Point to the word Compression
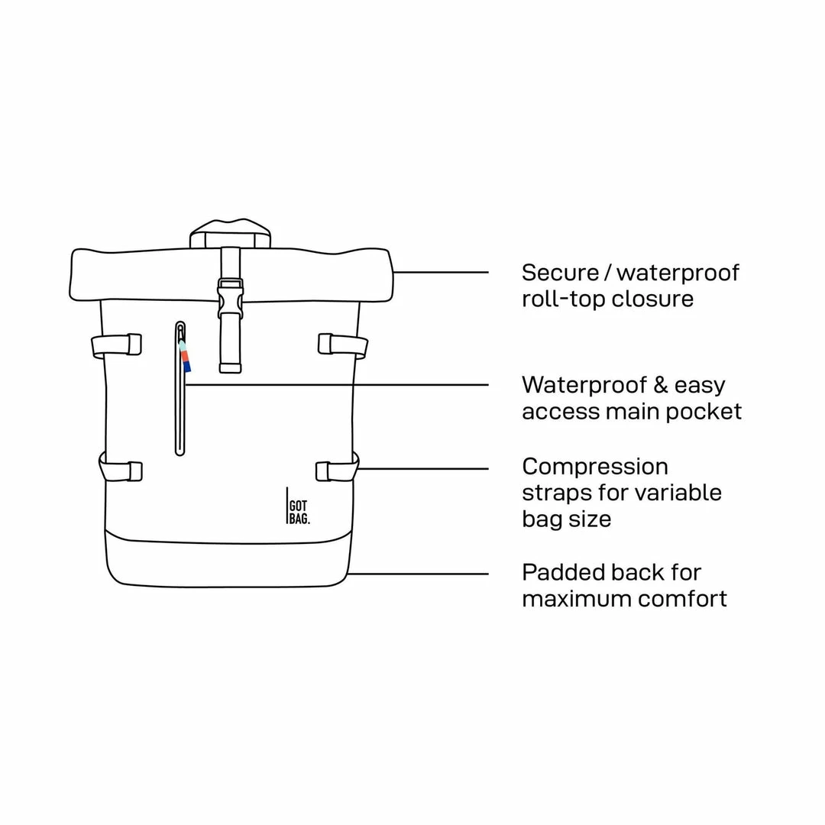click(x=595, y=467)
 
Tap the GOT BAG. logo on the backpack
click(x=298, y=506)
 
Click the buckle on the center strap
click(x=230, y=298)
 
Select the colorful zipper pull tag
click(x=184, y=357)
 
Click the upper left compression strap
click(x=117, y=345)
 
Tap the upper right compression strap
click(x=342, y=344)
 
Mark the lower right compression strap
click(x=337, y=470)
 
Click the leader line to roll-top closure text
click(x=441, y=272)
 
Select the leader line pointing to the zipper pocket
click(x=336, y=385)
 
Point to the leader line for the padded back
click(x=418, y=574)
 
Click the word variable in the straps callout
click(x=682, y=493)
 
